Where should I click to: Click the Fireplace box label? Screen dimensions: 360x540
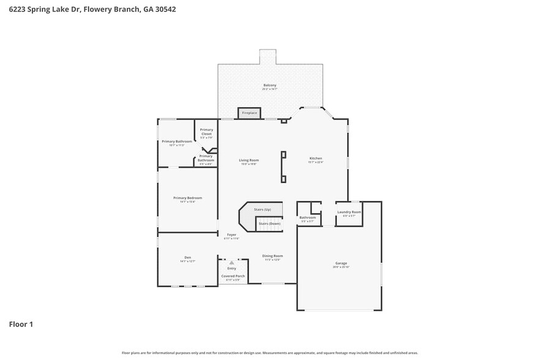pos(249,113)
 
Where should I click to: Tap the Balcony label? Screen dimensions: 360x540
pos(270,85)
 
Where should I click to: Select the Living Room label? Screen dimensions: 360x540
pos(249,160)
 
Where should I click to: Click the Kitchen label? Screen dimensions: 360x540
pos(315,159)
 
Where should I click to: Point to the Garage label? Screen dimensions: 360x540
pos(340,263)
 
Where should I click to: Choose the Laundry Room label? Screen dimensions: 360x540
pos(349,212)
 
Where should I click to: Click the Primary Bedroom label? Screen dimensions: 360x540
pos(187,198)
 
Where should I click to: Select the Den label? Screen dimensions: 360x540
pos(187,257)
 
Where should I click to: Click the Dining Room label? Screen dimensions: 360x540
pos(272,256)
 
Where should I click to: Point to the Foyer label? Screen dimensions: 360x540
pos(231,234)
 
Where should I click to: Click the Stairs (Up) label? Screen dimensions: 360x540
pos(263,209)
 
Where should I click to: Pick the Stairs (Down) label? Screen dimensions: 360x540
pos(269,223)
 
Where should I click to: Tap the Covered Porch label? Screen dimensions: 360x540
pos(233,276)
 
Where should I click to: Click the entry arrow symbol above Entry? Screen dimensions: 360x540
pos(231,263)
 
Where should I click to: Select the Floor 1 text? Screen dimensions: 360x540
pos(21,324)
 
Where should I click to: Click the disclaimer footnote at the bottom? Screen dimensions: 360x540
pos(269,353)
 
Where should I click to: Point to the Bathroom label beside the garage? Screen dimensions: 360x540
pos(307,217)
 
